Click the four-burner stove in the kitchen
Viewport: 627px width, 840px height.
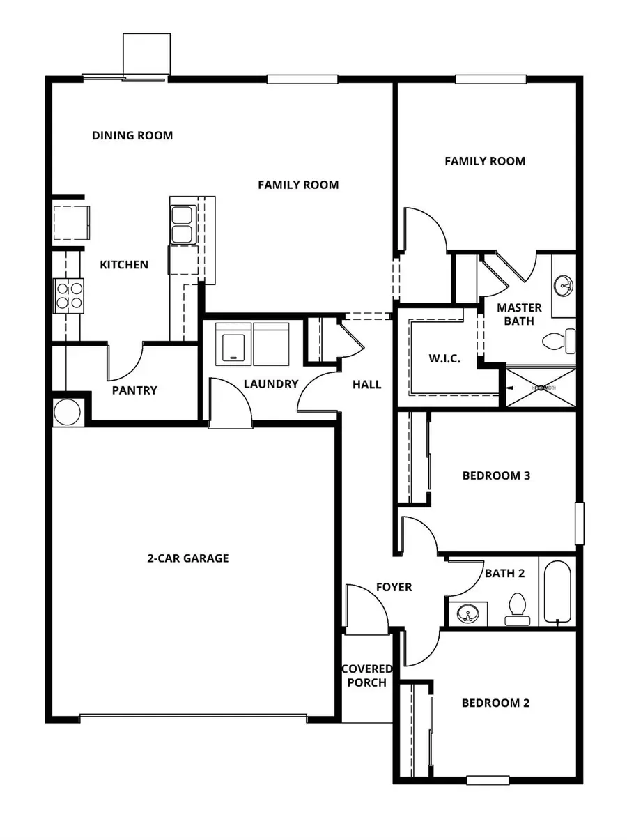click(x=68, y=293)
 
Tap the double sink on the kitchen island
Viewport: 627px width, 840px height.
click(x=182, y=224)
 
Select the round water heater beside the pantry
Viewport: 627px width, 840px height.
click(x=68, y=411)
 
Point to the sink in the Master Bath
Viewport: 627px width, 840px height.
click(x=564, y=285)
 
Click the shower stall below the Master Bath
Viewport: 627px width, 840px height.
click(x=541, y=387)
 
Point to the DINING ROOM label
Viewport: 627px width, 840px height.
click(x=132, y=135)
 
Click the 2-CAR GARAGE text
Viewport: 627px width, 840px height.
click(x=187, y=558)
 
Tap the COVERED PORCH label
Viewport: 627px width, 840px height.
click(x=366, y=675)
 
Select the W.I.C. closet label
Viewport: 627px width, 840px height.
click(x=443, y=359)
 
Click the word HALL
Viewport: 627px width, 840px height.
click(x=366, y=384)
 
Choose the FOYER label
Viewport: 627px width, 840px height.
click(x=394, y=588)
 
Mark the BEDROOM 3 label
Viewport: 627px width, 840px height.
click(x=496, y=476)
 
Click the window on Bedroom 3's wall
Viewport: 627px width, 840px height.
click(x=579, y=523)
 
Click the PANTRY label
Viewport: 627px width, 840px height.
click(x=134, y=390)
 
